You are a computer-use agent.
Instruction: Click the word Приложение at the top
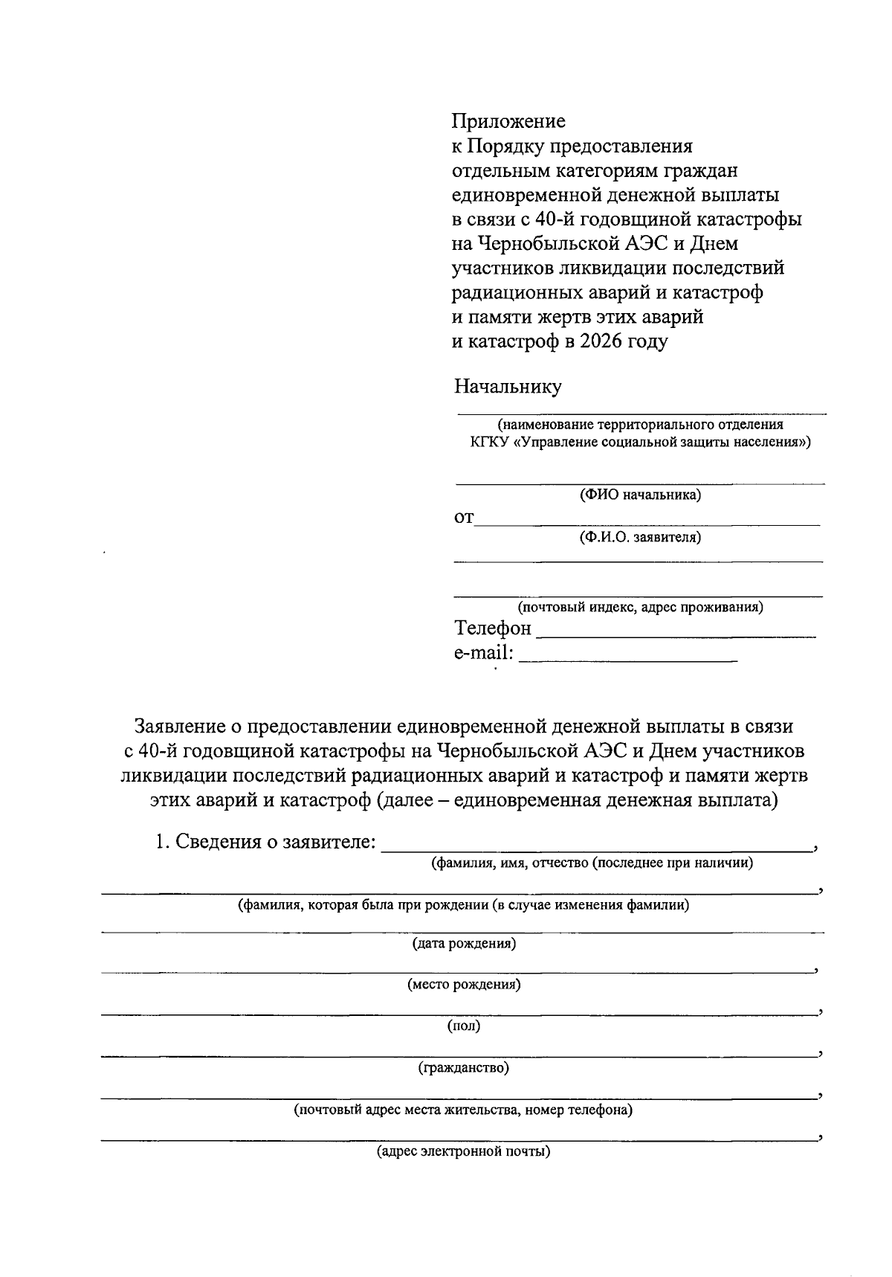(509, 121)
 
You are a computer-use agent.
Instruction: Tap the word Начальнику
(508, 387)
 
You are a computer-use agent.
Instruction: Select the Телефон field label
(493, 628)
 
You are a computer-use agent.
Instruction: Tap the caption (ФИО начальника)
(640, 495)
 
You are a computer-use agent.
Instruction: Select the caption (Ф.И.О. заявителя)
(640, 537)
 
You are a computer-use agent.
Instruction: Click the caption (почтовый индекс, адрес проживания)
(640, 607)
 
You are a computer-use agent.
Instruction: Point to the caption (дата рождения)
(464, 944)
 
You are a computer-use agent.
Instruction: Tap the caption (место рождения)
(464, 985)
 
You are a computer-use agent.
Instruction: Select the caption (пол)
(464, 1026)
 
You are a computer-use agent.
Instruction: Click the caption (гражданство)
(464, 1068)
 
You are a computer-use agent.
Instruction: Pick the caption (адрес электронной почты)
(464, 1152)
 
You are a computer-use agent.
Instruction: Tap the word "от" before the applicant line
(463, 518)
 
